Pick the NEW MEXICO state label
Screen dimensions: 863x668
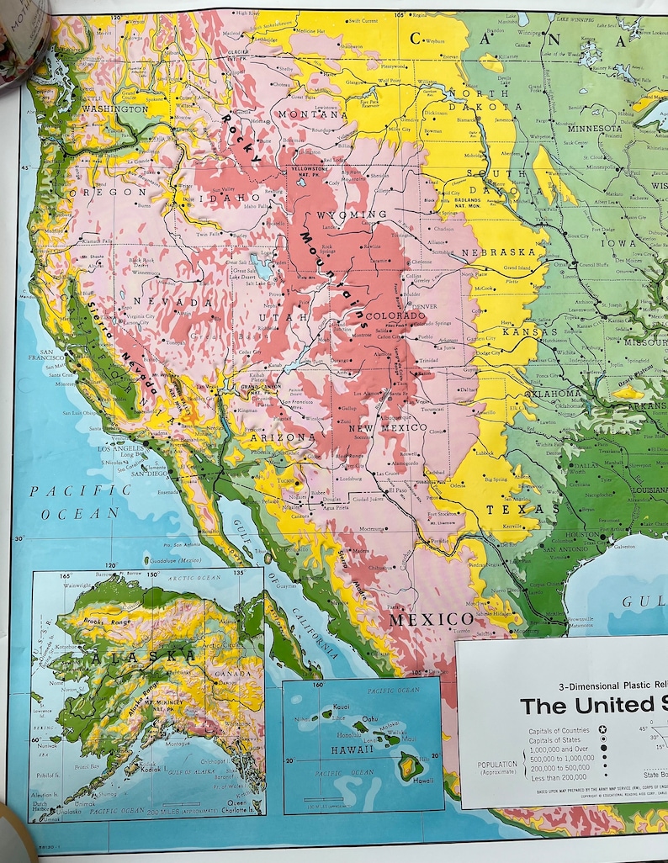click(x=388, y=427)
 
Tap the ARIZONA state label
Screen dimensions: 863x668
click(x=289, y=437)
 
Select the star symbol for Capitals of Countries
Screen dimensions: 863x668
click(x=602, y=731)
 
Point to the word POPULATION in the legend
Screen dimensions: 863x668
click(x=496, y=765)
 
